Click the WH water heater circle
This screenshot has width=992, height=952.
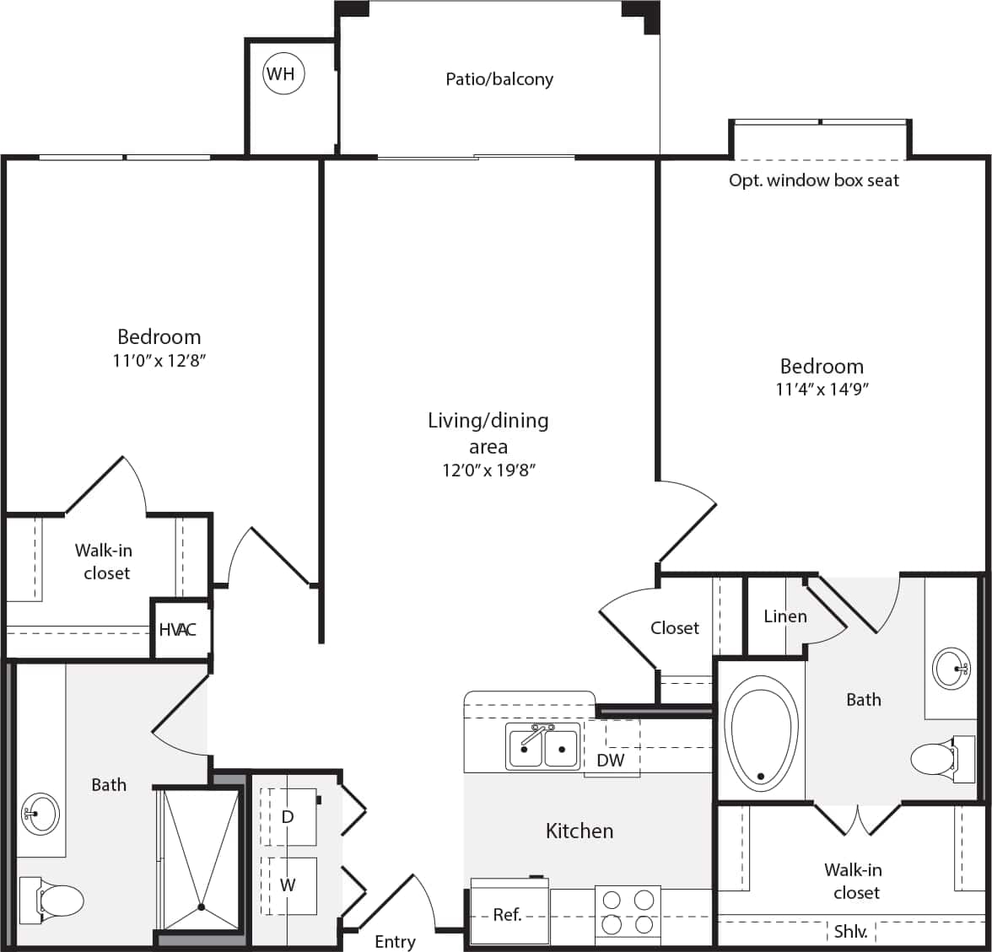(x=281, y=74)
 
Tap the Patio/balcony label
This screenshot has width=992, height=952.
(x=499, y=79)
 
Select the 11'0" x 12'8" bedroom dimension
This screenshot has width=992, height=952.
(x=159, y=361)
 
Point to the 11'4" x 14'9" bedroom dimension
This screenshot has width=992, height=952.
(x=822, y=390)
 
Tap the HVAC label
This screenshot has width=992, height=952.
(x=177, y=630)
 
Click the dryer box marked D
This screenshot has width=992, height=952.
(x=288, y=817)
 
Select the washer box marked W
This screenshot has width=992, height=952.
(x=288, y=885)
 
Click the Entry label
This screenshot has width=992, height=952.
(x=395, y=941)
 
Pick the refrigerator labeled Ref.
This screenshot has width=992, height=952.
(x=508, y=914)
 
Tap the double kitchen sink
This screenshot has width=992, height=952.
(x=542, y=746)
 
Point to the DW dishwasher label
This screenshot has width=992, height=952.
(x=611, y=760)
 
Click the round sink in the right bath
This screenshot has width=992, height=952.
(x=952, y=669)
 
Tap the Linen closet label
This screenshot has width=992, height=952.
(x=784, y=616)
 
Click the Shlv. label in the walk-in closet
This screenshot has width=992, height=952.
(x=850, y=933)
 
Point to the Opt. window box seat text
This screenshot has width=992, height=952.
(x=814, y=180)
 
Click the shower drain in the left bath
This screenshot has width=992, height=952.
(x=202, y=907)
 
